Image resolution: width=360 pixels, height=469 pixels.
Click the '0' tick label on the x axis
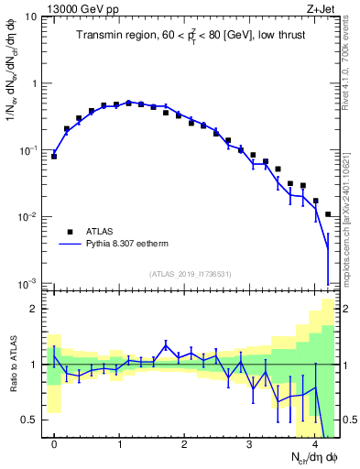(54, 445)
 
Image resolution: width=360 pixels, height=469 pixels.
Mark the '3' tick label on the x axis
(250, 445)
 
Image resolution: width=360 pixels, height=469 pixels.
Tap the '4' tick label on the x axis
(315, 445)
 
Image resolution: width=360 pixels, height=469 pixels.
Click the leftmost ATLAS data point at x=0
(54, 157)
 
